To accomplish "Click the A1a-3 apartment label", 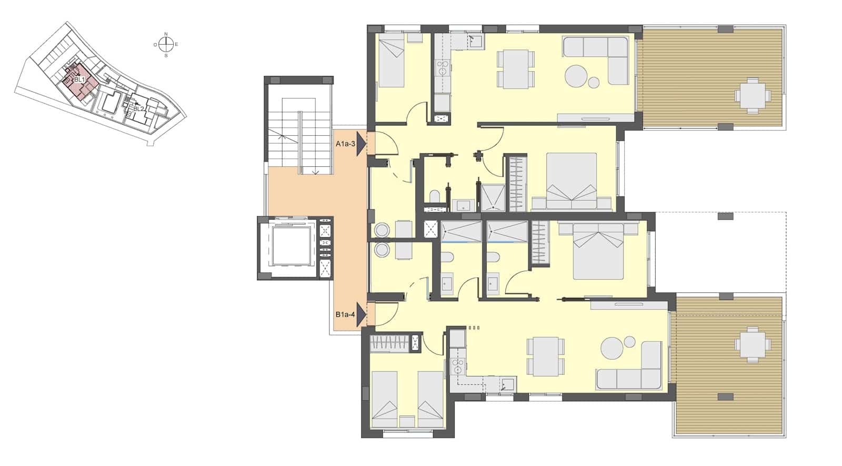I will click(346, 143).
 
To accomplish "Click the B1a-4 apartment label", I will click(346, 315).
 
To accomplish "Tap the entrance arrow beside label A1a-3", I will click(360, 143).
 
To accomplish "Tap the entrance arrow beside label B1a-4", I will click(360, 315).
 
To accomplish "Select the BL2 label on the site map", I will click(138, 109).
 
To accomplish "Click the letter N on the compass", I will click(166, 34).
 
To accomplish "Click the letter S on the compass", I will click(166, 55).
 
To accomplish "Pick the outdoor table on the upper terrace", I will click(753, 95).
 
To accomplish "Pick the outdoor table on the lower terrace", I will click(753, 344).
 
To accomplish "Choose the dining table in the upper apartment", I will click(516, 68).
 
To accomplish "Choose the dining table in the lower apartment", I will click(545, 356).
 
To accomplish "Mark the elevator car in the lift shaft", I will click(290, 247).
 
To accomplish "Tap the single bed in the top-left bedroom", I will click(391, 64).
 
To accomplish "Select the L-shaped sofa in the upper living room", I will click(605, 57).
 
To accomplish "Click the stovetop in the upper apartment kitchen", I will click(442, 67).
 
